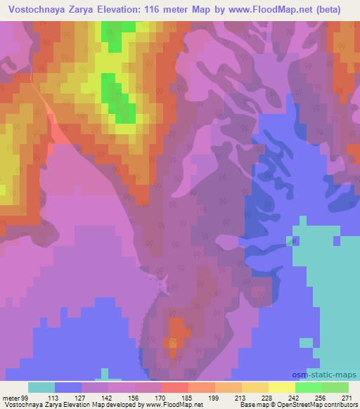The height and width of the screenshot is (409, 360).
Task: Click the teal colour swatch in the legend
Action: coord(41,387)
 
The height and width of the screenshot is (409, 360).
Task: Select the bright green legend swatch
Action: coord(309,387)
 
